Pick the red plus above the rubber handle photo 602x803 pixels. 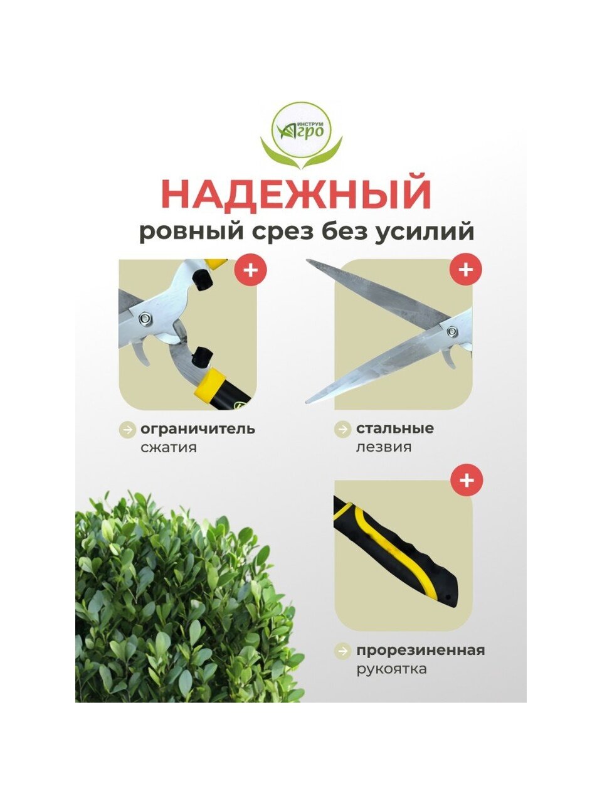[x=467, y=480]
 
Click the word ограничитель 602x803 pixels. [x=198, y=429]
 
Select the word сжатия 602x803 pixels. [x=169, y=447]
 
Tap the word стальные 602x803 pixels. [x=395, y=428]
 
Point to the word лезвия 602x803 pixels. [x=384, y=447]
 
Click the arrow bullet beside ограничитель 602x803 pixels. [x=127, y=430]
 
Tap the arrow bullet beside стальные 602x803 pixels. [x=343, y=429]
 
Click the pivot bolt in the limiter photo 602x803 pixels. [x=144, y=317]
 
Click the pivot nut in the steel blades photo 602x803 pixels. [x=452, y=331]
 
